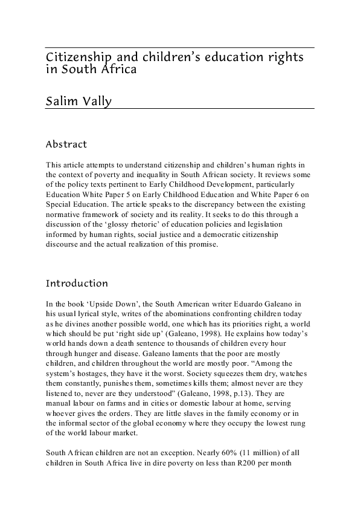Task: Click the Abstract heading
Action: pyautogui.click(x=66, y=144)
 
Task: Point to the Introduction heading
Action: pyautogui.click(x=77, y=283)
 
